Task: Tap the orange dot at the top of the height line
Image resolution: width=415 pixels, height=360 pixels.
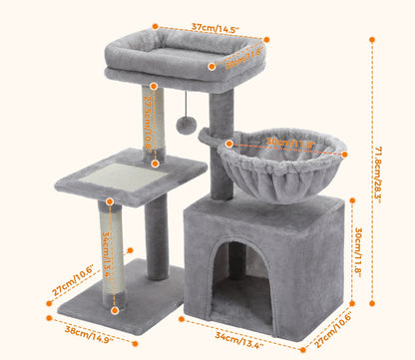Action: tap(372, 40)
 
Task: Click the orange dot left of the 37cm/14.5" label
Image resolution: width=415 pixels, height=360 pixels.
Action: tap(156, 28)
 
